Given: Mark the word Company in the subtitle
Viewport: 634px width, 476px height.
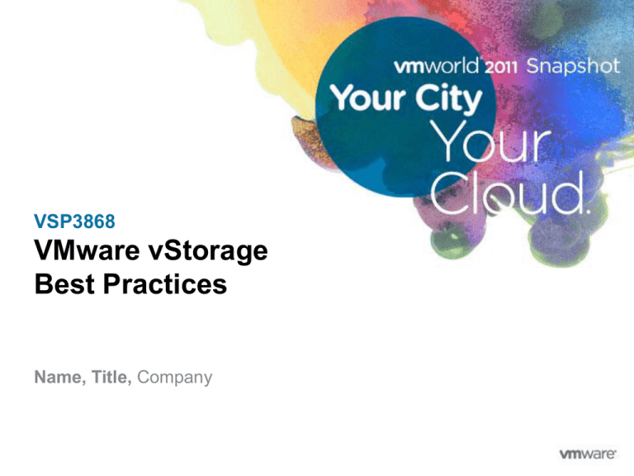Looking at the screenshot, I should [175, 378].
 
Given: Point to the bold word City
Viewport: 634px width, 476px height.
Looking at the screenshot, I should [443, 101].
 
